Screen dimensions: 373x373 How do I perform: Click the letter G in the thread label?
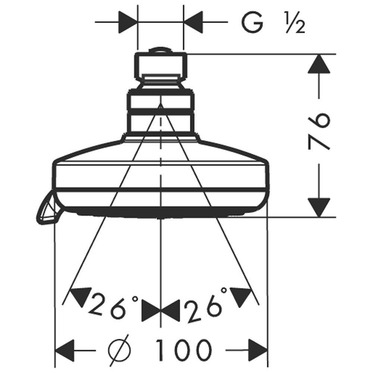253,23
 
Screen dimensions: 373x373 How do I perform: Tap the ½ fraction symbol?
295,23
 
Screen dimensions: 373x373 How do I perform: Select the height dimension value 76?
319,132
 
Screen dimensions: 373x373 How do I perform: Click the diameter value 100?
183,350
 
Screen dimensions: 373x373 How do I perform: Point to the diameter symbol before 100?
120,350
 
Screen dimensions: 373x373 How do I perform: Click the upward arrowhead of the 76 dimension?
319,63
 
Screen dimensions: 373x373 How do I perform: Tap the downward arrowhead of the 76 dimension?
319,207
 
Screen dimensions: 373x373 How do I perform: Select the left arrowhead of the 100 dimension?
65,350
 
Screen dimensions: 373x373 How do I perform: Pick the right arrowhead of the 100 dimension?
258,350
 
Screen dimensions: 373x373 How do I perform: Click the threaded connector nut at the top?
160,66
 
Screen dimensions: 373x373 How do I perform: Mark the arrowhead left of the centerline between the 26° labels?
151,311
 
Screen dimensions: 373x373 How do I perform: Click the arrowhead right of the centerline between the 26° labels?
170,311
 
